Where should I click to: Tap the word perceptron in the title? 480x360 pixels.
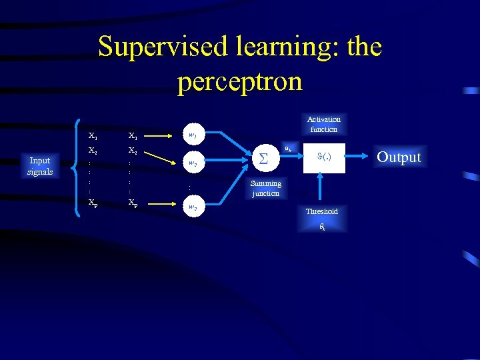click(x=240, y=81)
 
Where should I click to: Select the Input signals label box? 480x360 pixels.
click(x=40, y=165)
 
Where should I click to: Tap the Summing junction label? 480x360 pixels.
click(x=266, y=189)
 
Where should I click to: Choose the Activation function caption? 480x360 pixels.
click(x=323, y=125)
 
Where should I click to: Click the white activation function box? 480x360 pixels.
click(x=323, y=158)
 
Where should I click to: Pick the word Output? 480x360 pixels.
click(x=399, y=157)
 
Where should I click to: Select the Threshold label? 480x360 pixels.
click(x=321, y=211)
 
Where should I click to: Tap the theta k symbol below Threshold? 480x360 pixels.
click(x=321, y=227)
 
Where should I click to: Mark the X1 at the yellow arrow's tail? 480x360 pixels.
click(x=133, y=136)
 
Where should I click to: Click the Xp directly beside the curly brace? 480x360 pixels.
click(x=93, y=202)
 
